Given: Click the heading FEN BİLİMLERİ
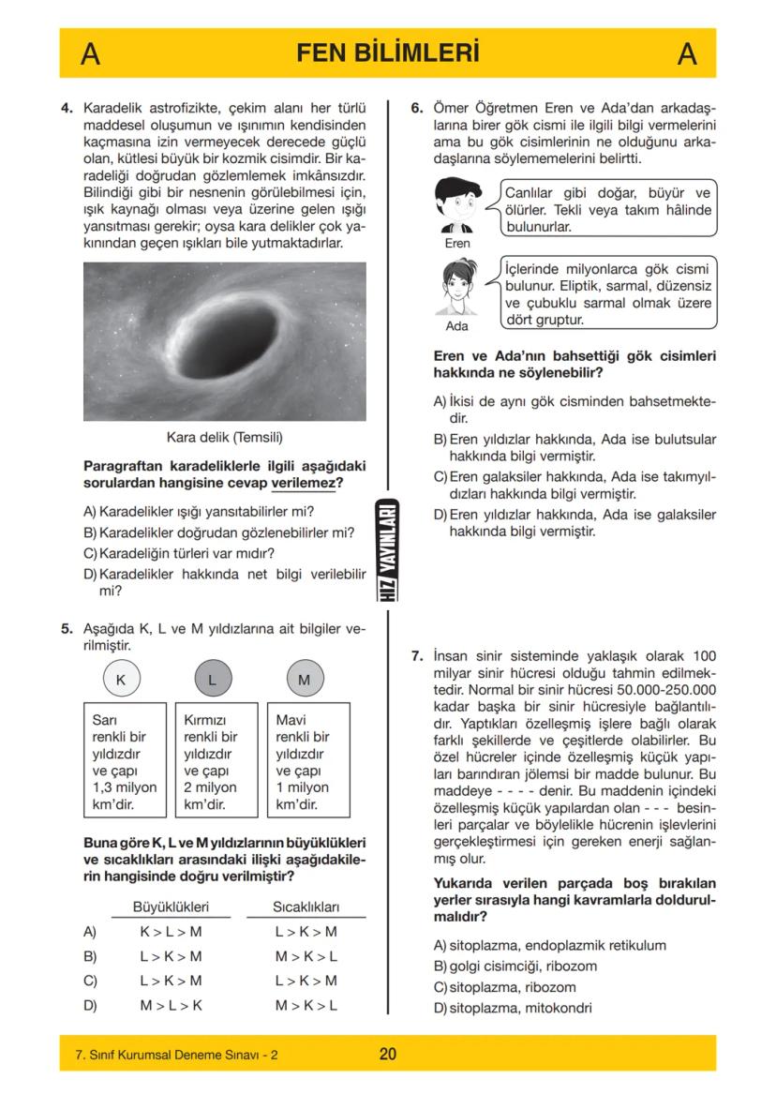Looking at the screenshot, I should (x=387, y=53).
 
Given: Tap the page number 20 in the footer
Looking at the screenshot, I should (x=387, y=1055).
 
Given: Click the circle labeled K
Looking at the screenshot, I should (x=120, y=680).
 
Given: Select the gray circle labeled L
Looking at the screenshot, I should (x=212, y=680).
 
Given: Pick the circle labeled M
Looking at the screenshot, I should (x=304, y=680).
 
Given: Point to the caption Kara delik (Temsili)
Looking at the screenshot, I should (x=224, y=437).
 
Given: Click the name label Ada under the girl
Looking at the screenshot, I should (x=456, y=327).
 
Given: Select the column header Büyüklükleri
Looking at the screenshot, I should (x=170, y=907).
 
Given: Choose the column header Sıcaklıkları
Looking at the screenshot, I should (x=306, y=907).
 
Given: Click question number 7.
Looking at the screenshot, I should (x=418, y=656).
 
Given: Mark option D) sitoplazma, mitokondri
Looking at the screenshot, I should (x=513, y=1009).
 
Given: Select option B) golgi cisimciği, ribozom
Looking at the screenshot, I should (x=515, y=966).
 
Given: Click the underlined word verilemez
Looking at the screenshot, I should (x=304, y=484).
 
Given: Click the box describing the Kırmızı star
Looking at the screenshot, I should (x=212, y=761).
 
